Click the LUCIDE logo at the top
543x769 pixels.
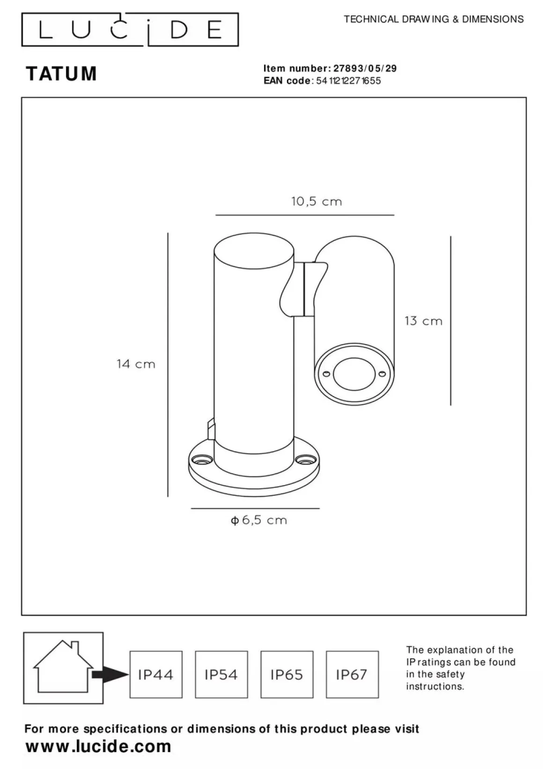(x=130, y=30)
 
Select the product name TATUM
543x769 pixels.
(x=61, y=74)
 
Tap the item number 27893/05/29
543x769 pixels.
(x=365, y=68)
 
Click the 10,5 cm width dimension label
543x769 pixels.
(x=316, y=201)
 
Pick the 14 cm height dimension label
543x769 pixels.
(x=136, y=364)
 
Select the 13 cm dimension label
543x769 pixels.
(x=423, y=321)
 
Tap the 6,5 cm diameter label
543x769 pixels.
(x=259, y=520)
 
